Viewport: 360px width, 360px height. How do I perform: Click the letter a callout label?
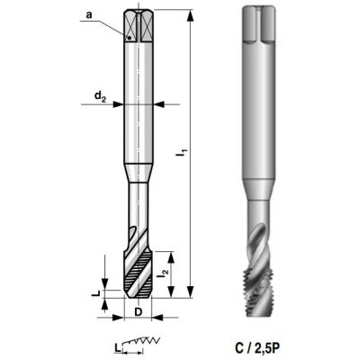pos(89,15)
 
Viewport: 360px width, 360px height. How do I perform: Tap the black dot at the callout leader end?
pos(130,38)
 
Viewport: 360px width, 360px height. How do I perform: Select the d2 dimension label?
pos(101,96)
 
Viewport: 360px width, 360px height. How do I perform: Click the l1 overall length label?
pos(182,151)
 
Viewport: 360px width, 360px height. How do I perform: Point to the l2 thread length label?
pos(164,273)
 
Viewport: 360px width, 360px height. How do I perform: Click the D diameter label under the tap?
pos(138,312)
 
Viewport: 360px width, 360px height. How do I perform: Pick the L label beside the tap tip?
pos(95,293)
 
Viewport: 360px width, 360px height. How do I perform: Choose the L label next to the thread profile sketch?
pos(117,347)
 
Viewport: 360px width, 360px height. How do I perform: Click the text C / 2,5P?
pos(257,348)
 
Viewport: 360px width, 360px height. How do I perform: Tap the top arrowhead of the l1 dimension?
pos(190,15)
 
